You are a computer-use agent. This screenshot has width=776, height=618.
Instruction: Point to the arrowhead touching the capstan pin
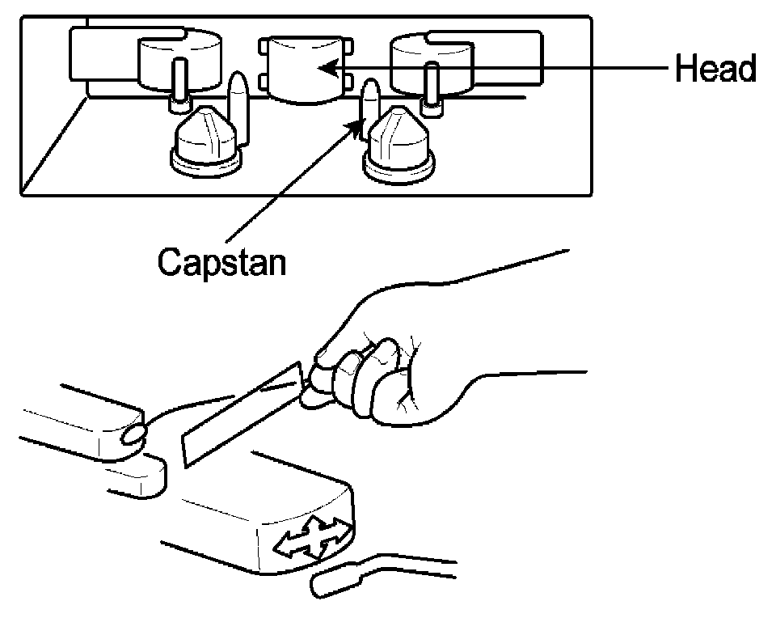pos(356,125)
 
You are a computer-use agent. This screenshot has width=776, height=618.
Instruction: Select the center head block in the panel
pos(303,69)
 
